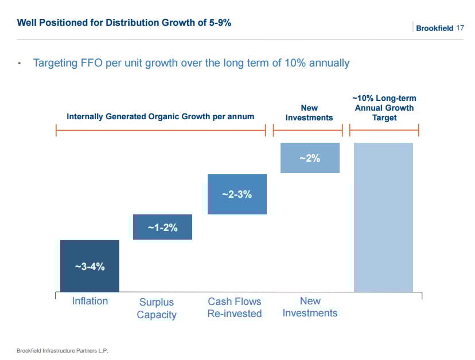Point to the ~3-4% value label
(x=89, y=267)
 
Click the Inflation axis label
(x=89, y=301)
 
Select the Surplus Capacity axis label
(x=157, y=308)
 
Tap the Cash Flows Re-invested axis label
(x=234, y=307)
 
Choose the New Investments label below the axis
(x=310, y=307)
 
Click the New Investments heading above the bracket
(x=309, y=112)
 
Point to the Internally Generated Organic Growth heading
(x=160, y=116)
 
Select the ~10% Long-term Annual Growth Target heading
(x=384, y=108)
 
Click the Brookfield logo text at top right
(x=434, y=28)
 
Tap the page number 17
(x=460, y=28)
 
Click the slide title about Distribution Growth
(x=124, y=23)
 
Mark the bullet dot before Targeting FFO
(x=20, y=64)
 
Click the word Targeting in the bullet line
(x=59, y=63)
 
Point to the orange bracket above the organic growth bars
(x=161, y=131)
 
